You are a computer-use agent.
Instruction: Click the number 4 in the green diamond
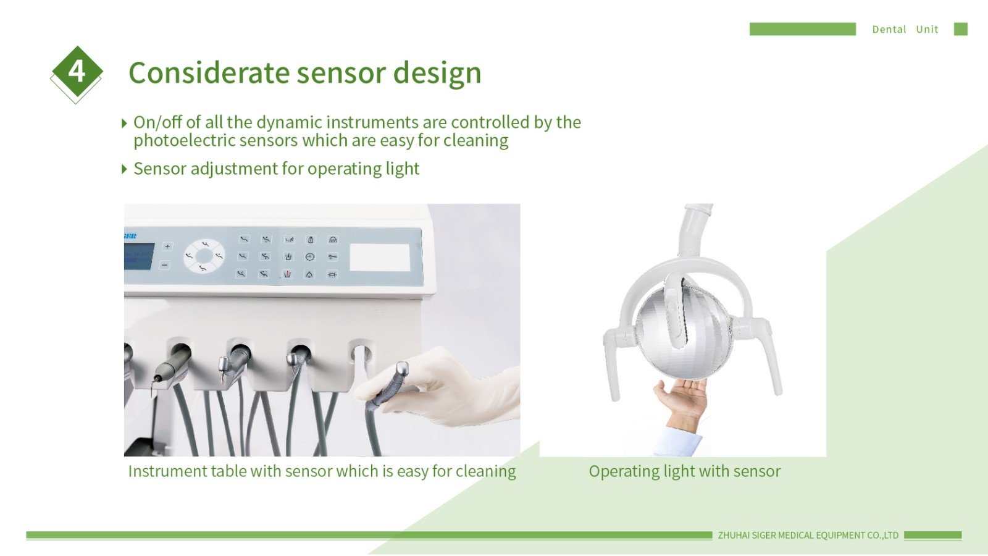77,71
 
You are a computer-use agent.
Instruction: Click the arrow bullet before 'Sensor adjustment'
124,169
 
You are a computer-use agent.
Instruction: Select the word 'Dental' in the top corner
889,29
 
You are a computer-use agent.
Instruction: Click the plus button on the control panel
167,246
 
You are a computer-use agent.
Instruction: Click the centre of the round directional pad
204,256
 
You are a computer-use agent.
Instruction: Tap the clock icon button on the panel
309,257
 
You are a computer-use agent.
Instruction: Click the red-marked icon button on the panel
287,274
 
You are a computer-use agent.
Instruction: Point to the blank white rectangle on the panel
380,257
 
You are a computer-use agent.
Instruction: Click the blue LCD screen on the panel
139,256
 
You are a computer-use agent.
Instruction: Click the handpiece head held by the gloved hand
401,370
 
